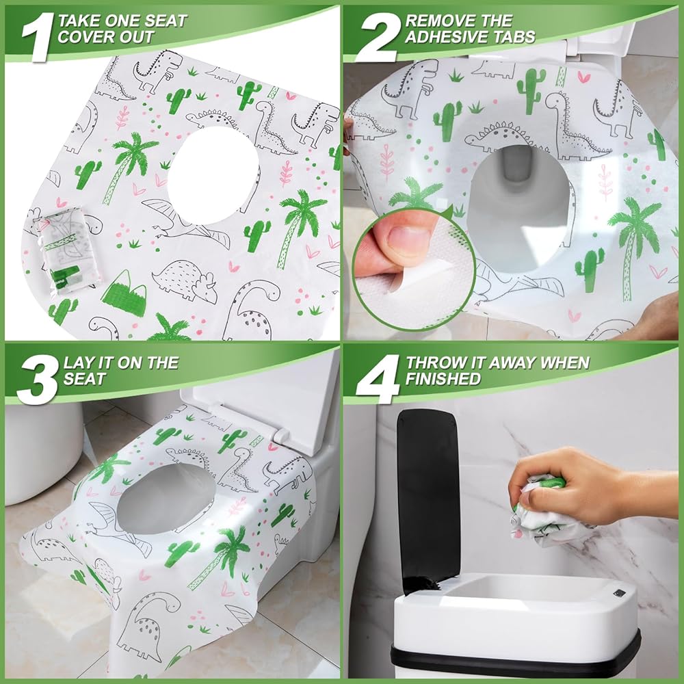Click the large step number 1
[38, 37]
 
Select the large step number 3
[38, 379]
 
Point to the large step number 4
[378, 379]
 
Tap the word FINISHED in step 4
[443, 379]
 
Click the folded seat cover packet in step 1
[66, 250]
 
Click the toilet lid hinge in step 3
[280, 434]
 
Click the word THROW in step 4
[433, 363]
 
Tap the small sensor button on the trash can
[618, 593]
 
